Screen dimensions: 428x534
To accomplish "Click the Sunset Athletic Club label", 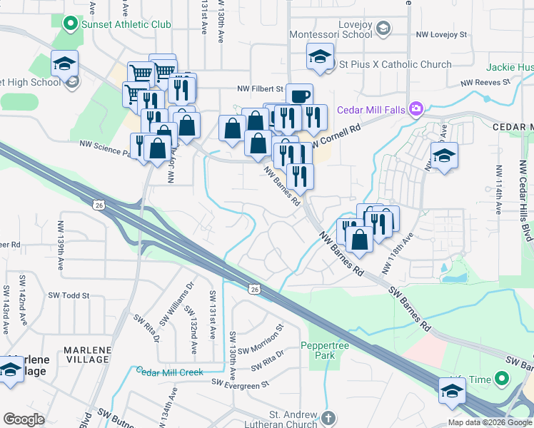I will coord(126,24).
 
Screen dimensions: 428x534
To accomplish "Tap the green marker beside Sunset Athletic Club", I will coord(70,24).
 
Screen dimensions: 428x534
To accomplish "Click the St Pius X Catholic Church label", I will coord(394,64).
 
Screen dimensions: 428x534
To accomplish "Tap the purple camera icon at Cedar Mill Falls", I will coord(416,110).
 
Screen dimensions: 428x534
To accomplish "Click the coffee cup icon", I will coord(299,96).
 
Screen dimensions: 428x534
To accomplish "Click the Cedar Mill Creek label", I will coord(170,372).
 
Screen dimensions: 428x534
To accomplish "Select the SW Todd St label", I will coord(69,295).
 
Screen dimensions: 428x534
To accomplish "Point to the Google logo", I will coord(24,419).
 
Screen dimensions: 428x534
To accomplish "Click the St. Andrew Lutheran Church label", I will coord(293,419).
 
